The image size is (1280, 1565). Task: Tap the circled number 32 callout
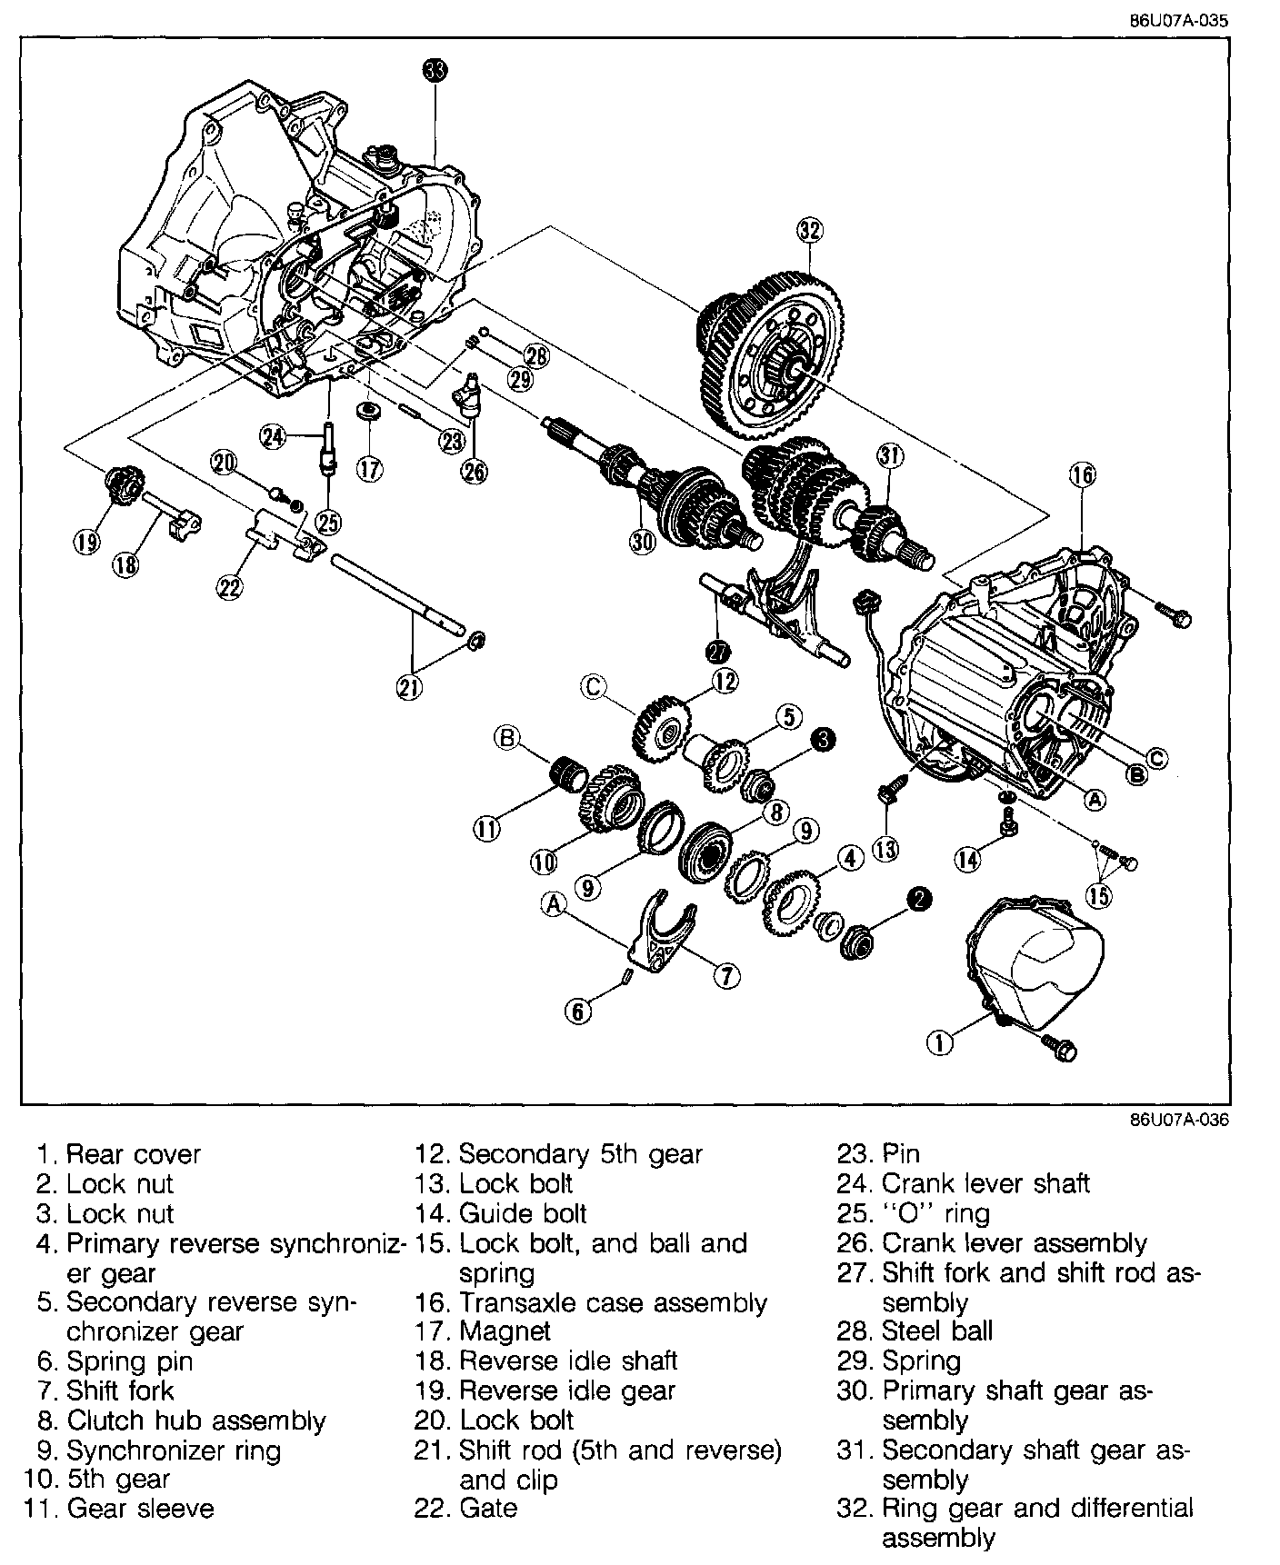(809, 231)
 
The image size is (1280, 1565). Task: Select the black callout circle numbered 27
(718, 651)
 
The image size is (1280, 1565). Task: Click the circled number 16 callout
(1082, 474)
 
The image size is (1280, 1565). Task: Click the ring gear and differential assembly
(773, 354)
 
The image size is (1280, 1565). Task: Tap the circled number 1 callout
(941, 1042)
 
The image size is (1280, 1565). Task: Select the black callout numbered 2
(919, 899)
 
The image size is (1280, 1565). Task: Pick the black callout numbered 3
(822, 741)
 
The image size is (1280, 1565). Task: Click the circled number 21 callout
(409, 688)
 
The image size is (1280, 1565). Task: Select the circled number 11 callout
(486, 827)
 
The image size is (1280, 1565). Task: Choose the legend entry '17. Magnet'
(483, 1331)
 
